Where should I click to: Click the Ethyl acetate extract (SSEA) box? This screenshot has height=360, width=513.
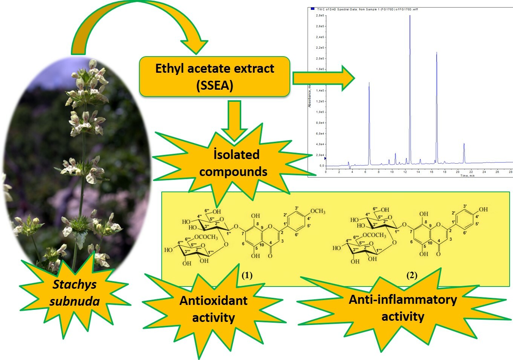tap(214, 77)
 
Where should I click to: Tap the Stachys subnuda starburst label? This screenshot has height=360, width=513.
tap(75, 293)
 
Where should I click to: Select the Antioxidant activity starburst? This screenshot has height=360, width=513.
tap(213, 309)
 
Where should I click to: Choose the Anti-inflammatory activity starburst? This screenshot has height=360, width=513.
tap(403, 308)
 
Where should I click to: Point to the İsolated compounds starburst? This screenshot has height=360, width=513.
tap(233, 163)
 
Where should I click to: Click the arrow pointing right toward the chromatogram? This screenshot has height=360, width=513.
tap(324, 78)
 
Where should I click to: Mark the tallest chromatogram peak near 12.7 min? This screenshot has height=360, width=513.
tap(410, 17)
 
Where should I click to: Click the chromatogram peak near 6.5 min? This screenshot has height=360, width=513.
tap(369, 84)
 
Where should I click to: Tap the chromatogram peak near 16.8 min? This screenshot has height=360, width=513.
tap(437, 54)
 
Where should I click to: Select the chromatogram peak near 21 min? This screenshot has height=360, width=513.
tap(464, 144)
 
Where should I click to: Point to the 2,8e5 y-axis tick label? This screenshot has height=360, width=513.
tap(320, 15)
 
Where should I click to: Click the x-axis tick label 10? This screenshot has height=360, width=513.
tap(392, 172)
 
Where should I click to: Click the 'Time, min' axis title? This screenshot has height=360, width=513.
tap(467, 176)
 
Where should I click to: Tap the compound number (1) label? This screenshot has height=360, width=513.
tap(247, 276)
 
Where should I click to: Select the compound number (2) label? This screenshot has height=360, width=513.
tap(412, 276)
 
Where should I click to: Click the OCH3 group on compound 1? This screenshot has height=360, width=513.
tap(318, 211)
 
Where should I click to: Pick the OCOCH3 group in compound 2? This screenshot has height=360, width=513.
tap(374, 235)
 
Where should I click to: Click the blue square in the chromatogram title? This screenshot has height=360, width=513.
tap(312, 9)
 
